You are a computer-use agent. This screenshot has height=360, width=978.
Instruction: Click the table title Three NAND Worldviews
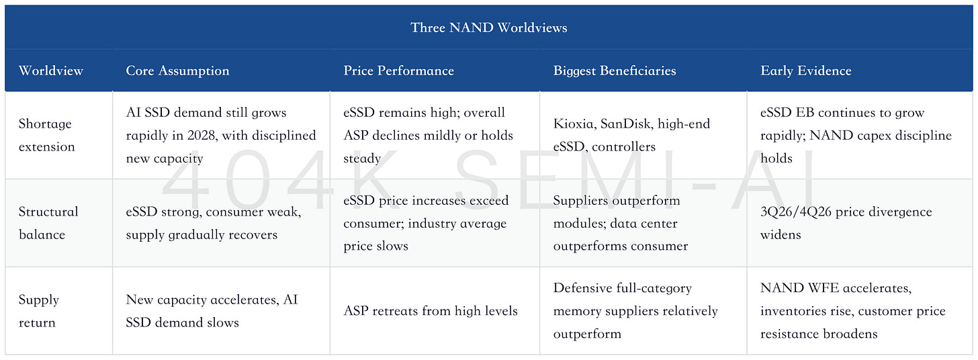(x=489, y=28)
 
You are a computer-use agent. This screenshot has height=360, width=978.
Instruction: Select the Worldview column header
(x=50, y=71)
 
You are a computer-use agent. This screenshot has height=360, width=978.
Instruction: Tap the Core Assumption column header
(x=177, y=71)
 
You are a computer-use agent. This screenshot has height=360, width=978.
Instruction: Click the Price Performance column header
(x=398, y=71)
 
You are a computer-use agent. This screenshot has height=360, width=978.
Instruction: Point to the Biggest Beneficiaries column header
(x=615, y=71)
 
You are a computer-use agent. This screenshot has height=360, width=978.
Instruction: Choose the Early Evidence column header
(x=805, y=71)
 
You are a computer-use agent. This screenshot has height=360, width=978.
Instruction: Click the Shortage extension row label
(x=47, y=135)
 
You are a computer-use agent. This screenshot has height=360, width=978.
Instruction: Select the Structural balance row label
(x=48, y=223)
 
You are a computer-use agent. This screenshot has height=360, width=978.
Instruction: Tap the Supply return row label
(x=38, y=311)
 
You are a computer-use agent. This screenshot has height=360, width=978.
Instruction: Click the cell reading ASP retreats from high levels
(x=431, y=311)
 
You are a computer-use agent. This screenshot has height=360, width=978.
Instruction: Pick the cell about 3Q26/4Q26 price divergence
(x=846, y=223)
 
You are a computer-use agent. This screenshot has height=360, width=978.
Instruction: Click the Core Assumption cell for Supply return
(x=212, y=311)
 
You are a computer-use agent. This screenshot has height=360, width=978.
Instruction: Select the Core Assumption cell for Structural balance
(x=214, y=223)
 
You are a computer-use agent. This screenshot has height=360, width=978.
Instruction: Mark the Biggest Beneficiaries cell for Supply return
(x=635, y=311)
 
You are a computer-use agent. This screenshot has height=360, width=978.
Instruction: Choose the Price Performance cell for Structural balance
(x=426, y=223)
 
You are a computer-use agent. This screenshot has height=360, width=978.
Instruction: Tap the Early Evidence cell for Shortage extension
(x=856, y=135)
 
